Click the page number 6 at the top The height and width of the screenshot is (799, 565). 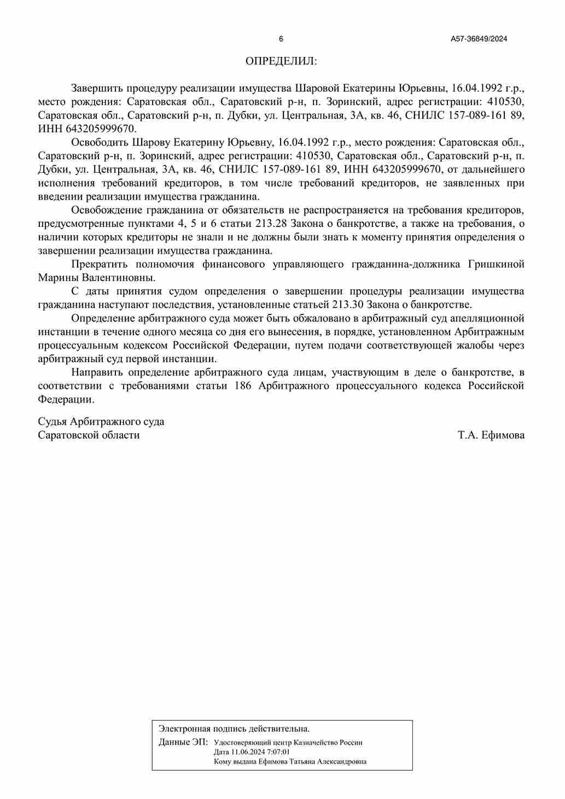[x=281, y=39]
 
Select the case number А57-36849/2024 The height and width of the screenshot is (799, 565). [x=479, y=39]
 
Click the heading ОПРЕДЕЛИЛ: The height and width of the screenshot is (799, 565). [x=281, y=61]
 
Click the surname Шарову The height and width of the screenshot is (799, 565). [x=152, y=142]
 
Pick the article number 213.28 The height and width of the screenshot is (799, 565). [x=271, y=224]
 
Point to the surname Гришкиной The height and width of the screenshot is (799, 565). [x=496, y=264]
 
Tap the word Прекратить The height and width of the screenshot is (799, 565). [x=99, y=264]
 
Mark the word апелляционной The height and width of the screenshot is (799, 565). [x=491, y=318]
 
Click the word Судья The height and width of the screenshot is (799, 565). [x=52, y=422]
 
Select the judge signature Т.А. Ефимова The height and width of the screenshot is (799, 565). [x=491, y=435]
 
